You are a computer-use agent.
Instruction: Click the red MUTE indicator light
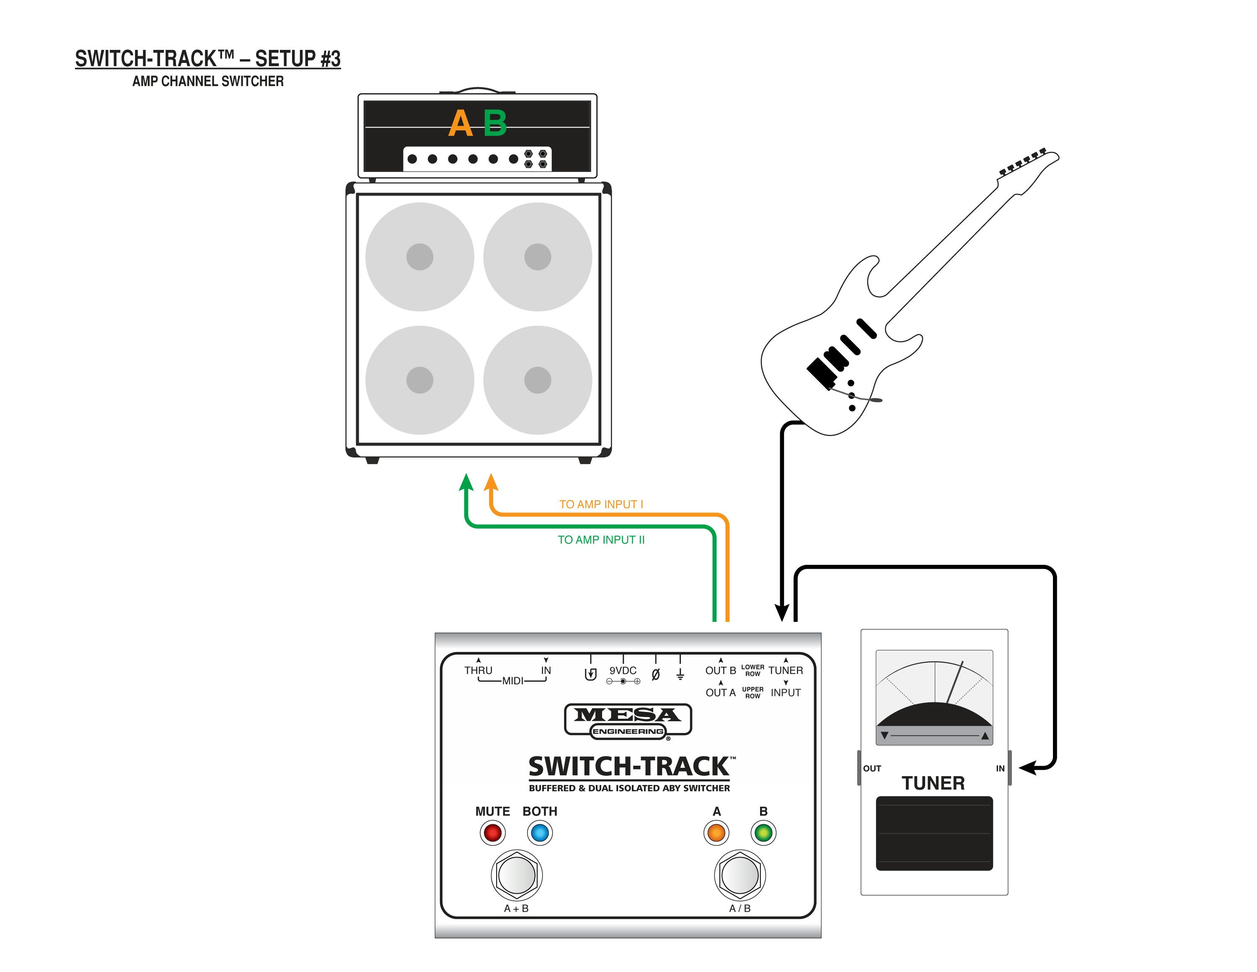(x=493, y=833)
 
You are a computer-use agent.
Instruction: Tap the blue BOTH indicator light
(x=540, y=833)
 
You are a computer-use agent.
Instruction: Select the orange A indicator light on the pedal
(x=716, y=833)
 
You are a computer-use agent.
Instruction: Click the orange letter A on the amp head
(x=460, y=124)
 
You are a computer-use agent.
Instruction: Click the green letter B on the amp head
(x=495, y=124)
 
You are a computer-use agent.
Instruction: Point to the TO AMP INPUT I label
(x=601, y=504)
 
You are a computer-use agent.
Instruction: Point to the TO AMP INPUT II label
(x=601, y=540)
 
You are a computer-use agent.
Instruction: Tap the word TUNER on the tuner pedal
(x=933, y=784)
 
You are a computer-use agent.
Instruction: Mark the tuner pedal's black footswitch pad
(x=934, y=833)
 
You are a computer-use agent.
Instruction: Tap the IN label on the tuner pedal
(x=1000, y=769)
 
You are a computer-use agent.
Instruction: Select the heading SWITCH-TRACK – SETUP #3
(x=208, y=59)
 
